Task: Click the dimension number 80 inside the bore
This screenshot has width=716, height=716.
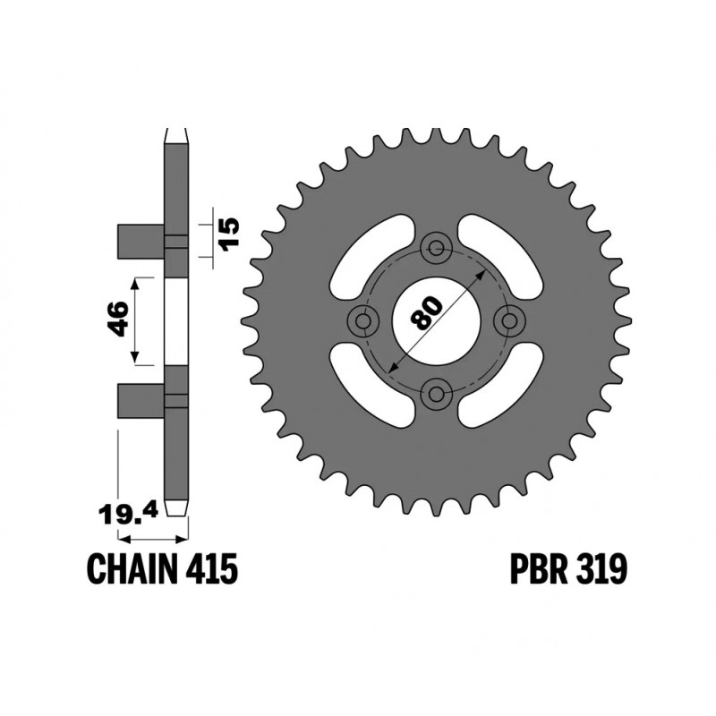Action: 427,312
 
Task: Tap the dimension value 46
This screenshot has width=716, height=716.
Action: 118,319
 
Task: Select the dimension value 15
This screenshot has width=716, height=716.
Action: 229,232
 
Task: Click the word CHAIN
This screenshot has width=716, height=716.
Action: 132,569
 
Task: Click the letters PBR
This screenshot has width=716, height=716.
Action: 540,569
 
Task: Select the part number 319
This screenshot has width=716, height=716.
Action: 601,569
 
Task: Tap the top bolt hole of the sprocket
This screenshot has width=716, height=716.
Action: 437,248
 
